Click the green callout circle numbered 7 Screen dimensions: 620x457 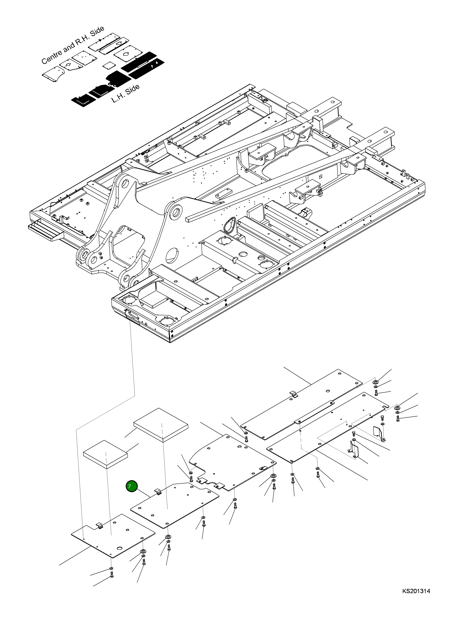132,487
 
